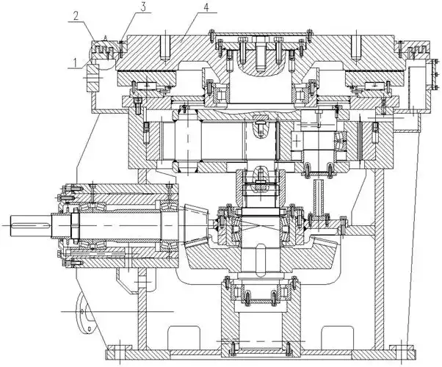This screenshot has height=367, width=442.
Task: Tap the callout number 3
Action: coord(144,7)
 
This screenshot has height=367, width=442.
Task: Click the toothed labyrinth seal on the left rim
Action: coord(105,49)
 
